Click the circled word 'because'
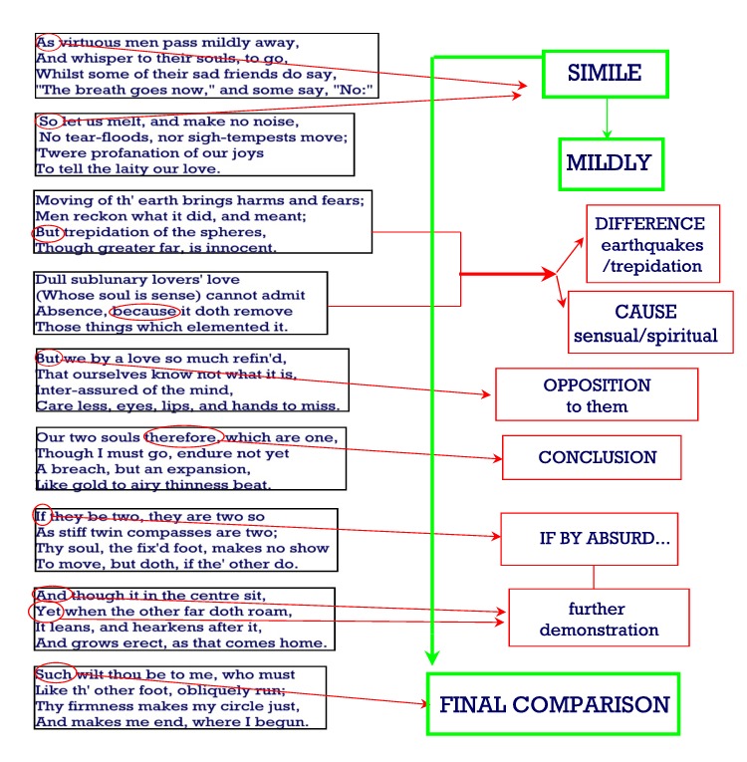(x=144, y=311)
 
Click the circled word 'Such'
(x=54, y=674)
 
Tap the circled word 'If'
(x=41, y=516)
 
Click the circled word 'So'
(x=48, y=121)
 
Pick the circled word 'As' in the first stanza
(x=46, y=43)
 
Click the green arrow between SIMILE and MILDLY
(x=607, y=119)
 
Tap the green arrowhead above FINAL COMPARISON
(x=432, y=658)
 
